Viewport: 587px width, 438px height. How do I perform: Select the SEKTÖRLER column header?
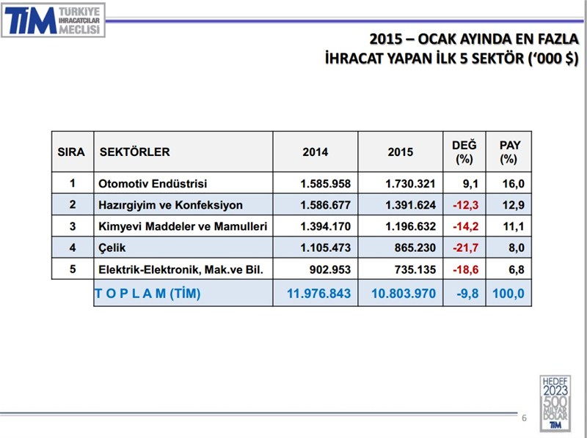tap(134, 152)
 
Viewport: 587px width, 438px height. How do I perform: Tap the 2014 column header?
tap(316, 152)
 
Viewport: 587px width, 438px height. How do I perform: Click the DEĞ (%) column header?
tap(464, 152)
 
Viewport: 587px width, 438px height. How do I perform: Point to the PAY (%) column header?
tap(509, 152)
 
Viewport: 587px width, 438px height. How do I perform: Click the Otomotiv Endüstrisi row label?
tap(153, 183)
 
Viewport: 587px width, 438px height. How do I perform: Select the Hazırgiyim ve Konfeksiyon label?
tap(170, 205)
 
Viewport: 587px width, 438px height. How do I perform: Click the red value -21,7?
tap(464, 248)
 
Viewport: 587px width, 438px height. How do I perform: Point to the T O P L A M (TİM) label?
tap(147, 294)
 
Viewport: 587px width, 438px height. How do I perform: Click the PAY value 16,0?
tap(512, 183)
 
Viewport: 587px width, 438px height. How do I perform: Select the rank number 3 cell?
tap(73, 226)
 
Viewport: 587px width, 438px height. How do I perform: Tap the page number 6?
tap(524, 418)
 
